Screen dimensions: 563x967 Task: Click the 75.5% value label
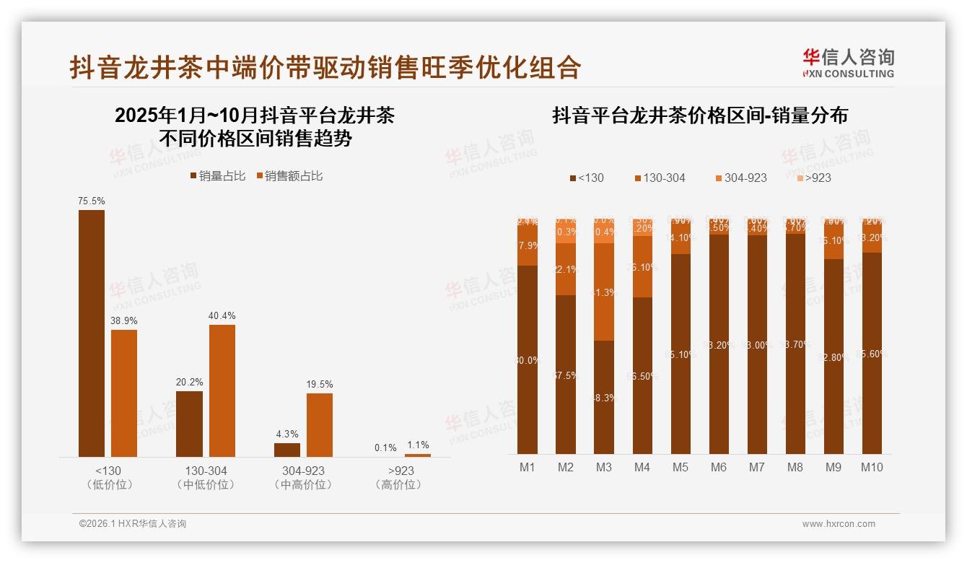pos(92,201)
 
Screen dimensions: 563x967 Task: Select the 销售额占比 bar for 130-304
pos(222,390)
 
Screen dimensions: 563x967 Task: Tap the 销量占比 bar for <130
pos(92,333)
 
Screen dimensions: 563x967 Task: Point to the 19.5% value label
pos(320,385)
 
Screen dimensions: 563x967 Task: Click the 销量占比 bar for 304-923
pos(287,449)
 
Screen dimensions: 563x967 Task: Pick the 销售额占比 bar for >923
pos(417,455)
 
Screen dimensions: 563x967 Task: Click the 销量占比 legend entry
pos(217,176)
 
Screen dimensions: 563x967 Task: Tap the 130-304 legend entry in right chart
pos(660,178)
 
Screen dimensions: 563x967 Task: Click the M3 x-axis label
pos(604,468)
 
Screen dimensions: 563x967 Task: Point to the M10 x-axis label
pos(872,468)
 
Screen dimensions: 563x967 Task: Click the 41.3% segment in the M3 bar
pos(604,292)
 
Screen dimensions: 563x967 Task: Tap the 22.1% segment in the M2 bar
pos(566,269)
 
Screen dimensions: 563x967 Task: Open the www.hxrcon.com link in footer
pos(839,524)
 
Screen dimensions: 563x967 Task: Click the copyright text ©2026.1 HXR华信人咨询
pos(133,524)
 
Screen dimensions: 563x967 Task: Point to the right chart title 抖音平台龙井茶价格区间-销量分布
pos(699,115)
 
